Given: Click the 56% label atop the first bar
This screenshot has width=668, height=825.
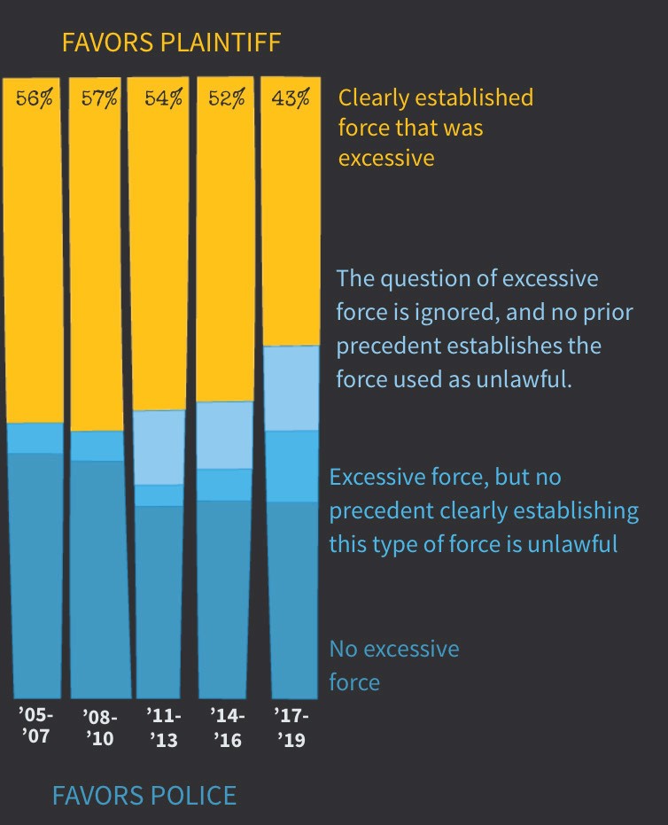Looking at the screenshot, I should click(x=34, y=97).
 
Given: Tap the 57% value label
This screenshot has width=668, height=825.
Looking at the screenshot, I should click(x=98, y=97).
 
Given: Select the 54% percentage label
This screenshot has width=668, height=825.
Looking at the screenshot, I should click(x=163, y=97).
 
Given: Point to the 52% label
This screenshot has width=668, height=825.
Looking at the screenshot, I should click(x=227, y=97).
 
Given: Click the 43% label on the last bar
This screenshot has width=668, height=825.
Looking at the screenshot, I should click(x=291, y=97).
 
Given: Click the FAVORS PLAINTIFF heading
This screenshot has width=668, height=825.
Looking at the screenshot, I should click(x=171, y=42).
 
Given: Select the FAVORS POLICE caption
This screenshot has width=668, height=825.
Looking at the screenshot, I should click(x=144, y=795).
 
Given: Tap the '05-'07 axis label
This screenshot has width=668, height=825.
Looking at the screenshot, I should click(x=36, y=724).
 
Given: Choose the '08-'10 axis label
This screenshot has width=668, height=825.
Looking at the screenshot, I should click(x=99, y=727).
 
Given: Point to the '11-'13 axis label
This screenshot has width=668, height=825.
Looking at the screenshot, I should click(x=163, y=727).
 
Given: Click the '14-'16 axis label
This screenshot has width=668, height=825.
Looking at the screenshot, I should click(x=227, y=727).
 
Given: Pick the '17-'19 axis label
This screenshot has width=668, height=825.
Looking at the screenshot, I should click(x=291, y=727).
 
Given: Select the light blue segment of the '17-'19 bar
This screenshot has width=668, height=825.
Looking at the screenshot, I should click(x=291, y=388).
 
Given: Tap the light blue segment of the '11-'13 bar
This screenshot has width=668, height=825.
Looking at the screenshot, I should click(x=159, y=448).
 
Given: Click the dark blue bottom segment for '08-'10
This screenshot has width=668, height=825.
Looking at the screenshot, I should click(x=97, y=576).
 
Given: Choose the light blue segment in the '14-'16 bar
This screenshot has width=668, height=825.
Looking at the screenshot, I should click(x=225, y=435).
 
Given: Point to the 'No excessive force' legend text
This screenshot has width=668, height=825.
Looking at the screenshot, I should click(x=393, y=665).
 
